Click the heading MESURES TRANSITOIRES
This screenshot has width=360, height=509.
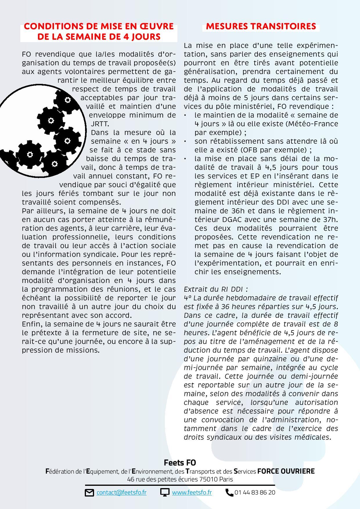(261, 26)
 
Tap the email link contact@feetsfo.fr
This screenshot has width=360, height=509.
(121, 492)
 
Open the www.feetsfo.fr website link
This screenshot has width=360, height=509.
(192, 492)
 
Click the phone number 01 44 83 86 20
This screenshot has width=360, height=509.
(255, 492)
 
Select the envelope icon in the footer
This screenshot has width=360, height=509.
(89, 493)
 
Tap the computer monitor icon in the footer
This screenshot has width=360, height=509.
(165, 493)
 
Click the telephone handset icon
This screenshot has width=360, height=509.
(229, 493)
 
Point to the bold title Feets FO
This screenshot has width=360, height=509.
(180, 463)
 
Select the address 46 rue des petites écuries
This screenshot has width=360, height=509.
(163, 479)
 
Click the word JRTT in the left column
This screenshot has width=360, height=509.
(100, 124)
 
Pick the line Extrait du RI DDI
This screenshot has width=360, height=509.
(216, 289)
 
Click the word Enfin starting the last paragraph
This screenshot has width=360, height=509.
(30, 324)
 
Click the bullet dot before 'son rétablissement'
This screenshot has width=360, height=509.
(185, 142)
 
